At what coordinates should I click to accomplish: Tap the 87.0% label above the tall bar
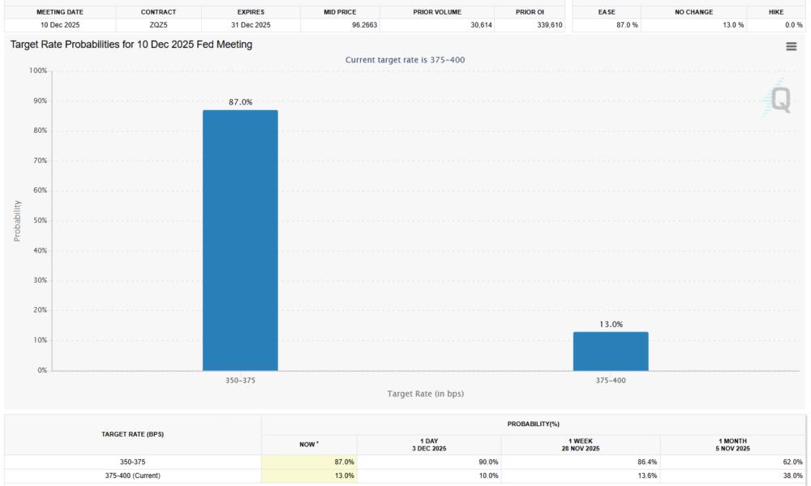pyautogui.click(x=240, y=102)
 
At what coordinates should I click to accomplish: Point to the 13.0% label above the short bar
pyautogui.click(x=611, y=324)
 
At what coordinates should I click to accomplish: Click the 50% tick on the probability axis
pyautogui.click(x=38, y=220)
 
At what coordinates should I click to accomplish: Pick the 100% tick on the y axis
pyautogui.click(x=36, y=70)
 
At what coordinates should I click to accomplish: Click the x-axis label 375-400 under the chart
pyautogui.click(x=611, y=380)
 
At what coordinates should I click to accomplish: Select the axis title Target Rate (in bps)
pyautogui.click(x=425, y=394)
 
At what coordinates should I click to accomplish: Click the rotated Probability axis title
pyautogui.click(x=17, y=220)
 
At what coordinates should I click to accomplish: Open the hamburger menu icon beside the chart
pyautogui.click(x=791, y=47)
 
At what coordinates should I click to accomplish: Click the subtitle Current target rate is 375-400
pyautogui.click(x=405, y=60)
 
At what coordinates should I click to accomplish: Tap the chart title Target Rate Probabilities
pyautogui.click(x=131, y=45)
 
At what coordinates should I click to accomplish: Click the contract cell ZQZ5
pyautogui.click(x=158, y=25)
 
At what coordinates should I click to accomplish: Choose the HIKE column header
pyautogui.click(x=775, y=12)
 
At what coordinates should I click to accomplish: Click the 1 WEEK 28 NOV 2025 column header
pyautogui.click(x=581, y=445)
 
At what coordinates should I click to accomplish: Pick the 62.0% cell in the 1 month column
pyautogui.click(x=792, y=462)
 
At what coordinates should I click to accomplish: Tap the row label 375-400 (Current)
pyautogui.click(x=133, y=475)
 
